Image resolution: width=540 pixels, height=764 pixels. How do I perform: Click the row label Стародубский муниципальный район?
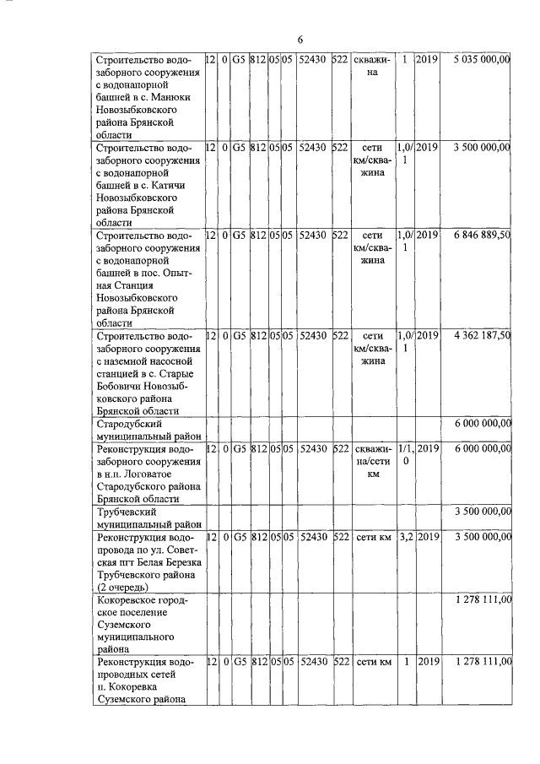[148, 429]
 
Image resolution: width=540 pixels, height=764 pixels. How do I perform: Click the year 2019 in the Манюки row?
[428, 60]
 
